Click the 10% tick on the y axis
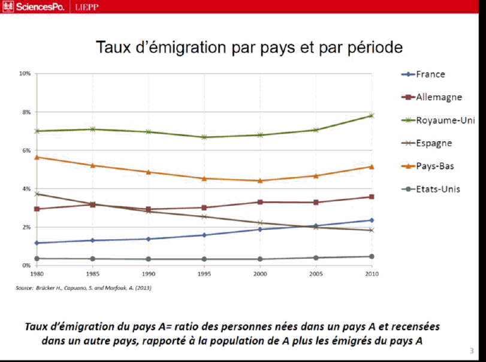coord(25,74)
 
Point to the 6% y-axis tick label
coord(26,150)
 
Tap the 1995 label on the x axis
coord(204,273)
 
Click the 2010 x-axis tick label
coord(371,273)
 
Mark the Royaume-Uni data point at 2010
coord(371,116)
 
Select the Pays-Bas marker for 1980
coord(37,157)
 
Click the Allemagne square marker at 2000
coord(260,202)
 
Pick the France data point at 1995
coord(204,235)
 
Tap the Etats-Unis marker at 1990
coord(148,259)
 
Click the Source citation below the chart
coord(83,288)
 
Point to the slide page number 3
coord(472,351)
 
